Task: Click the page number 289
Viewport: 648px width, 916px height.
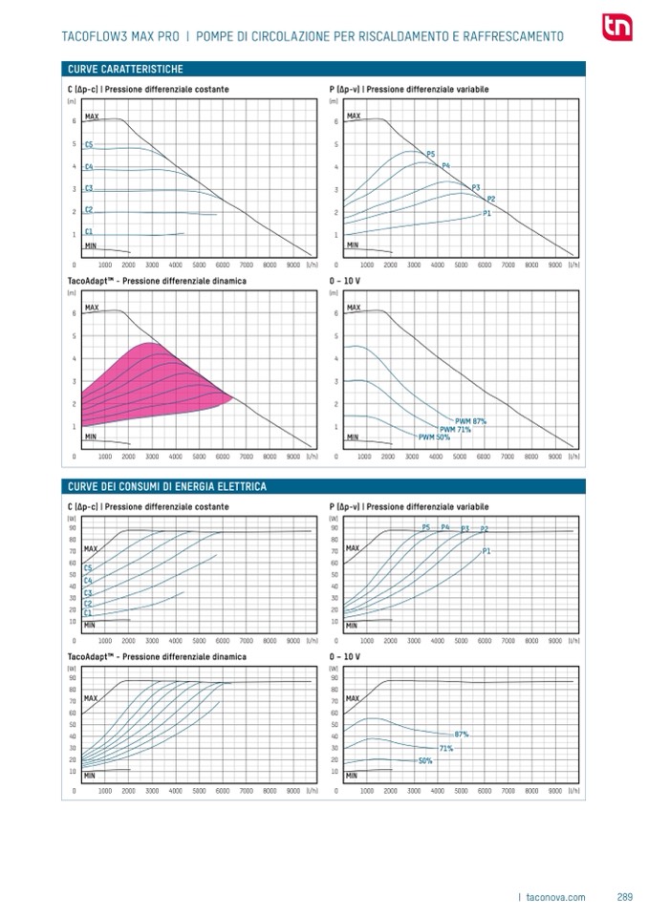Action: (625, 897)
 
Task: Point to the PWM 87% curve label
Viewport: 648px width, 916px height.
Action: (471, 421)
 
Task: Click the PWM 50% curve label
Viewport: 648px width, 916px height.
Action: (434, 437)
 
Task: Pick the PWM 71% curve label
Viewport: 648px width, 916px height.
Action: (455, 429)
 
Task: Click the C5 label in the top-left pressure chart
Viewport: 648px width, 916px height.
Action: (89, 144)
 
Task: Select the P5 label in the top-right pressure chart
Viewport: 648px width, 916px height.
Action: (430, 154)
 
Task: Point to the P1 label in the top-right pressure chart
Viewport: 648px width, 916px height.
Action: (486, 213)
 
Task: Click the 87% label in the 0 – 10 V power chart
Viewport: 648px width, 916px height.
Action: (461, 734)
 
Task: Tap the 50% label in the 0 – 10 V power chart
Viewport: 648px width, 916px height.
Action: (425, 760)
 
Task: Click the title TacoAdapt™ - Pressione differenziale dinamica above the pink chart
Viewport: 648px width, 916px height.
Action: (157, 282)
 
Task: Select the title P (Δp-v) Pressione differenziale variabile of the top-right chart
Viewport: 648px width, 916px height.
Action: (409, 89)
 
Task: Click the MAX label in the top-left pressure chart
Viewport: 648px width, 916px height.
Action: (92, 116)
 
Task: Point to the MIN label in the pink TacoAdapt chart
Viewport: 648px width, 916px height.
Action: (91, 437)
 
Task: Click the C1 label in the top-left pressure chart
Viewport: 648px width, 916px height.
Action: (89, 231)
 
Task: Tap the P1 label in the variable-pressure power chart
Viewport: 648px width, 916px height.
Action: (486, 551)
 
